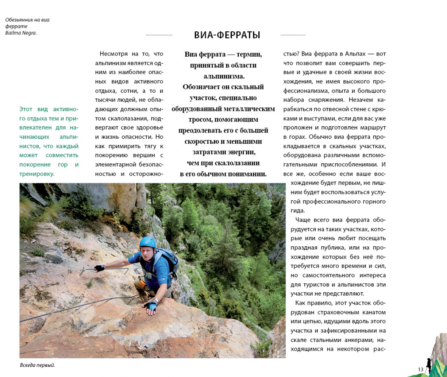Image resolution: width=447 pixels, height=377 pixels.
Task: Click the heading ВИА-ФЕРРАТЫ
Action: (227, 35)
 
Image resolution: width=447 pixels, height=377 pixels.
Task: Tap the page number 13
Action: (420, 369)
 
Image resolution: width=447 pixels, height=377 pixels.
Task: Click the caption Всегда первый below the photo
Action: (37, 365)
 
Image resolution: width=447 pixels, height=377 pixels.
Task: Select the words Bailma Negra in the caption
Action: (21, 33)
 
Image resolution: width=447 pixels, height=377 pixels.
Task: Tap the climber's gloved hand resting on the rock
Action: (151, 306)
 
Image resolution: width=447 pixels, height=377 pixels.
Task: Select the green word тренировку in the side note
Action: (36, 174)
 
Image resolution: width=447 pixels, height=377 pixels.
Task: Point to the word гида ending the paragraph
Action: (297, 211)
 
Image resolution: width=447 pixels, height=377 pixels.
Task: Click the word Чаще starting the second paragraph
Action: (303, 220)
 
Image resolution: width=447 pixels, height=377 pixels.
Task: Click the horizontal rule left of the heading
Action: (159, 35)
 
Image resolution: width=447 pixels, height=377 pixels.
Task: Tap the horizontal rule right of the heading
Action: (293, 35)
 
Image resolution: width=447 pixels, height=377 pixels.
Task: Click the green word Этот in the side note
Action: (26, 109)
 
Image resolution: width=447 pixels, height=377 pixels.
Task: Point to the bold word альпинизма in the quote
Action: (224, 76)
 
